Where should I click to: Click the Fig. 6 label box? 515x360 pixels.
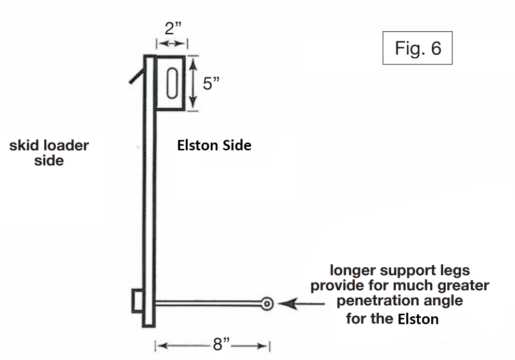[417, 48]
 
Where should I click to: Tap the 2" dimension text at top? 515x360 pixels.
[172, 29]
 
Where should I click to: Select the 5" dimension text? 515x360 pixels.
[212, 83]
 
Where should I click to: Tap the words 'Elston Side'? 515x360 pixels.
[214, 146]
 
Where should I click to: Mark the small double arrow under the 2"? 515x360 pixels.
[172, 44]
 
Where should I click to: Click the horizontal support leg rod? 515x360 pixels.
[208, 303]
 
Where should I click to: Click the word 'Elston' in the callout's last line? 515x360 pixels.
[418, 318]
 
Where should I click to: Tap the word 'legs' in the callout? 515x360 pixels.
[453, 271]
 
